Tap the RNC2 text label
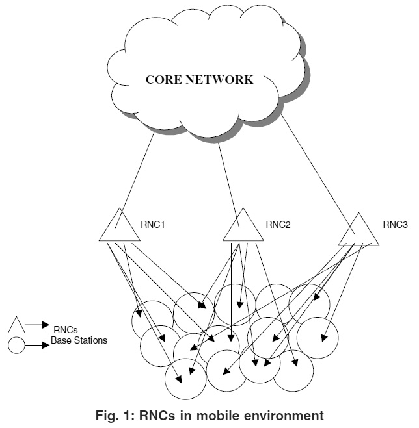(x=278, y=226)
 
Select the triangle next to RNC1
(x=120, y=228)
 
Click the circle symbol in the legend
(x=16, y=345)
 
